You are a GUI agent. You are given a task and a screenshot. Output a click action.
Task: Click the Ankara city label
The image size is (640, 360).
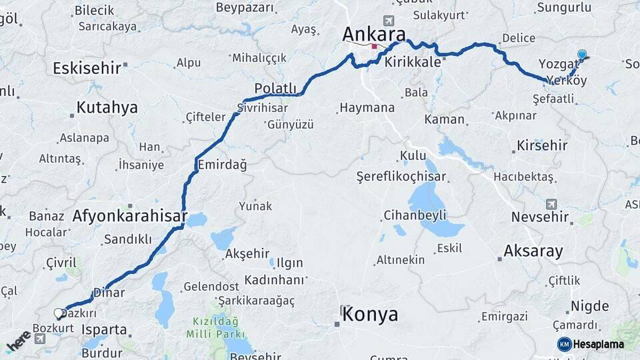click(374, 34)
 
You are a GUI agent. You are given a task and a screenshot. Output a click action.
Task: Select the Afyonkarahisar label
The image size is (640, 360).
click(129, 216)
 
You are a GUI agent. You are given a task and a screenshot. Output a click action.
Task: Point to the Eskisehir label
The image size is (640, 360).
click(87, 67)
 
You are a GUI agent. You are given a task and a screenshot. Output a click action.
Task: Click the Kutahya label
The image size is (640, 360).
click(107, 107)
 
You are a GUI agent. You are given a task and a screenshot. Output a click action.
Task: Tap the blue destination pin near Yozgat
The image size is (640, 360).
click(582, 55)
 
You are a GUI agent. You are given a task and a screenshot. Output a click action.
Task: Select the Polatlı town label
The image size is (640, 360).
click(275, 89)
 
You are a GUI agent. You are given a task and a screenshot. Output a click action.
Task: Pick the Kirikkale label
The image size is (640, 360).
click(413, 62)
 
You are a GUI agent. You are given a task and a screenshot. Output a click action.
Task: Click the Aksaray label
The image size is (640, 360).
click(533, 251)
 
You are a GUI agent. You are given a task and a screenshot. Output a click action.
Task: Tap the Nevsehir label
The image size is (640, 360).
click(540, 217)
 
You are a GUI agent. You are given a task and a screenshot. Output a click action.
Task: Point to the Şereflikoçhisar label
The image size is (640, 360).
click(401, 177)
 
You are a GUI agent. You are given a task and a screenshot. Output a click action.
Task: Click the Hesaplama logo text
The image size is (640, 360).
click(597, 344)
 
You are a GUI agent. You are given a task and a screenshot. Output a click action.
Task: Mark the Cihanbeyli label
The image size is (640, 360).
click(415, 215)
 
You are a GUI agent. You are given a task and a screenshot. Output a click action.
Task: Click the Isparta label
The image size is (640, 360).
click(104, 329)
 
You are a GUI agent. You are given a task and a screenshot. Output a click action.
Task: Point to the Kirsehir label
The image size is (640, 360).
click(542, 145)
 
